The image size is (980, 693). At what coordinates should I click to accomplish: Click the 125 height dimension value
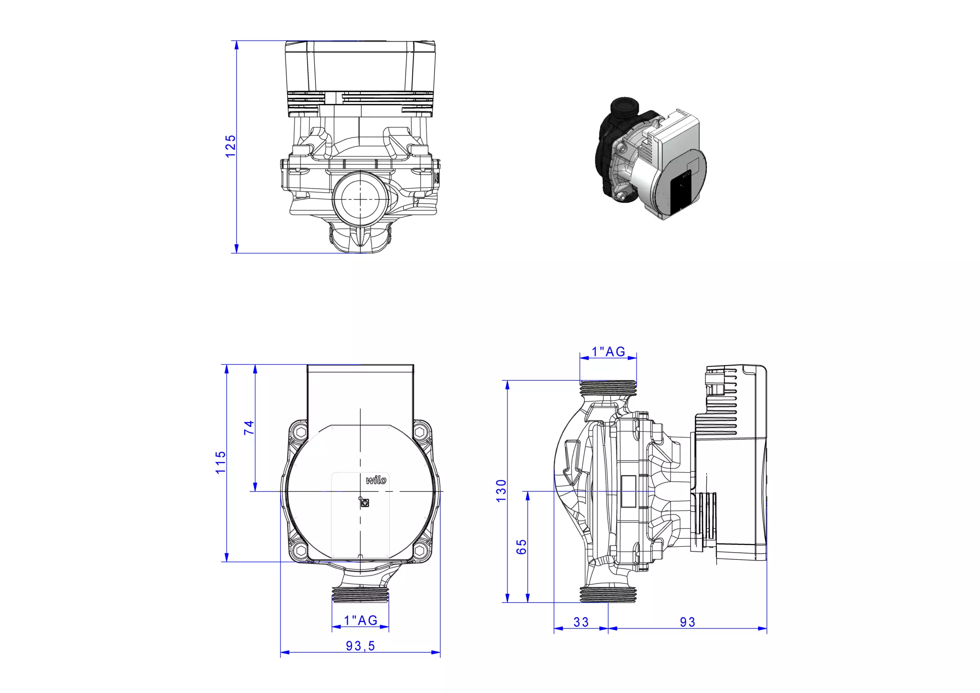click(x=230, y=146)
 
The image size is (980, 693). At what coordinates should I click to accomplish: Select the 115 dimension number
click(x=220, y=462)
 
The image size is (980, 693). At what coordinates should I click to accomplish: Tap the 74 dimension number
click(x=249, y=428)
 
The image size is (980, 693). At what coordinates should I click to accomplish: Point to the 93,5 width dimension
click(x=360, y=646)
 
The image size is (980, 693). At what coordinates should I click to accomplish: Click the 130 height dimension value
click(x=501, y=491)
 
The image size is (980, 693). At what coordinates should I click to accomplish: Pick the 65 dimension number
click(x=521, y=547)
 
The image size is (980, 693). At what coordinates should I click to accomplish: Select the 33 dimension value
click(x=581, y=622)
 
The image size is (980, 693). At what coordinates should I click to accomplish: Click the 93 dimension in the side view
click(x=688, y=622)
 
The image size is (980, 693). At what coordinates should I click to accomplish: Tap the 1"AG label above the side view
click(x=608, y=352)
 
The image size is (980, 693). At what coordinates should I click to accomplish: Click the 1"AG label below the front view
click(x=361, y=620)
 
